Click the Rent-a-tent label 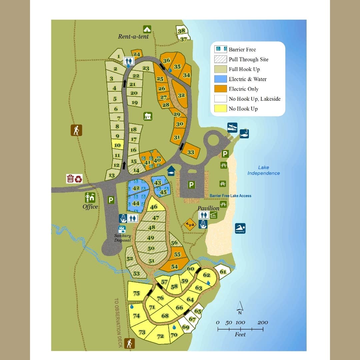pos(133,36)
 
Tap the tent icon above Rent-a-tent pos(147,29)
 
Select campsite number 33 pos(191,152)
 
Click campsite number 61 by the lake pos(223,272)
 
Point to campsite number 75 pos(136,293)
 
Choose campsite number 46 pos(154,207)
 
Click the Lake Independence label pos(263,170)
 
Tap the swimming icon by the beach pos(240,228)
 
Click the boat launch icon pos(232,127)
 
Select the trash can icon pos(70,179)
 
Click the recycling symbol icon pos(78,179)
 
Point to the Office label pos(90,207)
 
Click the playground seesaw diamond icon pos(190,224)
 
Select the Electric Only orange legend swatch pos(221,89)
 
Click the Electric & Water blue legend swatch pos(221,79)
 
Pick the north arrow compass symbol pos(240,308)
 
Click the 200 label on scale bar pos(263,322)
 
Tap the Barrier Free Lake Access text pos(230,196)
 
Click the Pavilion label pos(208,208)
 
